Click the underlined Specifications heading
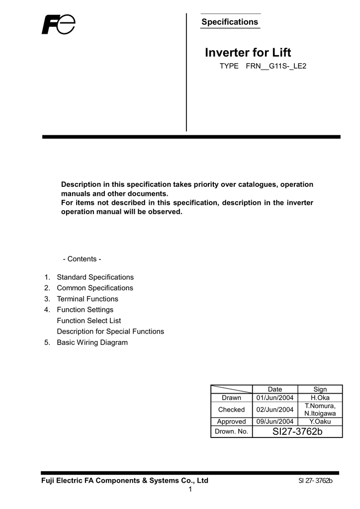click(x=229, y=22)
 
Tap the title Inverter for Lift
click(x=248, y=53)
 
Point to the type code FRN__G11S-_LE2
click(x=276, y=66)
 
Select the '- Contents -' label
click(x=82, y=259)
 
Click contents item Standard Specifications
click(x=95, y=277)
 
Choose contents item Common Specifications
click(x=95, y=288)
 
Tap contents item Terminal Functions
click(x=88, y=299)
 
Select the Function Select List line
click(x=89, y=321)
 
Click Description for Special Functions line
click(x=110, y=331)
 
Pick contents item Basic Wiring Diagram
click(x=92, y=342)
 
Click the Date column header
click(x=275, y=389)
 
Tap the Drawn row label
click(x=231, y=398)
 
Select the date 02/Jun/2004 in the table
click(x=275, y=410)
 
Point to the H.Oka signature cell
click(x=320, y=398)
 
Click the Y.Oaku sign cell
click(x=320, y=421)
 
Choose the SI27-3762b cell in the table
click(x=297, y=431)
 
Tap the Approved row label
click(x=231, y=421)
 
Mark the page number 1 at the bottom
click(x=190, y=490)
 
